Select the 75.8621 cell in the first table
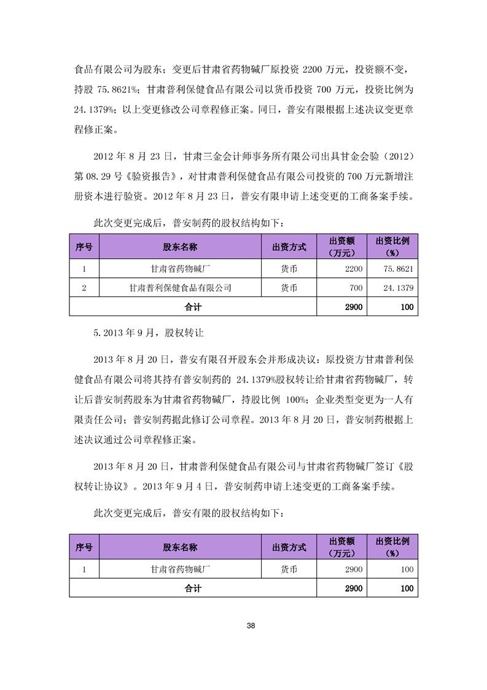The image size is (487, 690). tap(399, 269)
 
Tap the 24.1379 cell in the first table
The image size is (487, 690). tap(399, 287)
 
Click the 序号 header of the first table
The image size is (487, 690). tap(84, 247)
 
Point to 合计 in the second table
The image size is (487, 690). tap(193, 589)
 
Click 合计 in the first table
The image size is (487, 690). tap(193, 306)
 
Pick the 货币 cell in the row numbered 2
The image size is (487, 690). tap(289, 287)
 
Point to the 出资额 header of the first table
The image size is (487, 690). tap(341, 247)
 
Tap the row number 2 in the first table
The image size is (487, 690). tap(84, 287)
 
